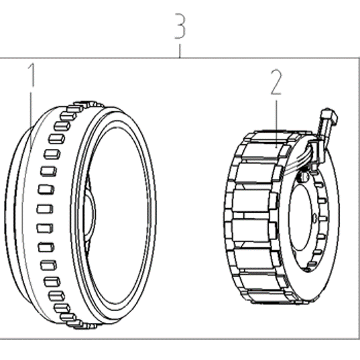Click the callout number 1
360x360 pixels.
click(32, 75)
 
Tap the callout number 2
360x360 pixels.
click(276, 82)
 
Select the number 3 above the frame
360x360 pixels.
click(180, 26)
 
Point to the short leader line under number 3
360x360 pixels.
click(180, 51)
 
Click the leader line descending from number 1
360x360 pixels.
click(31, 119)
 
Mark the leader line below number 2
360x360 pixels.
click(276, 123)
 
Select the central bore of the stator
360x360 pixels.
click(302, 217)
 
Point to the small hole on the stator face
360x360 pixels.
click(315, 217)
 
